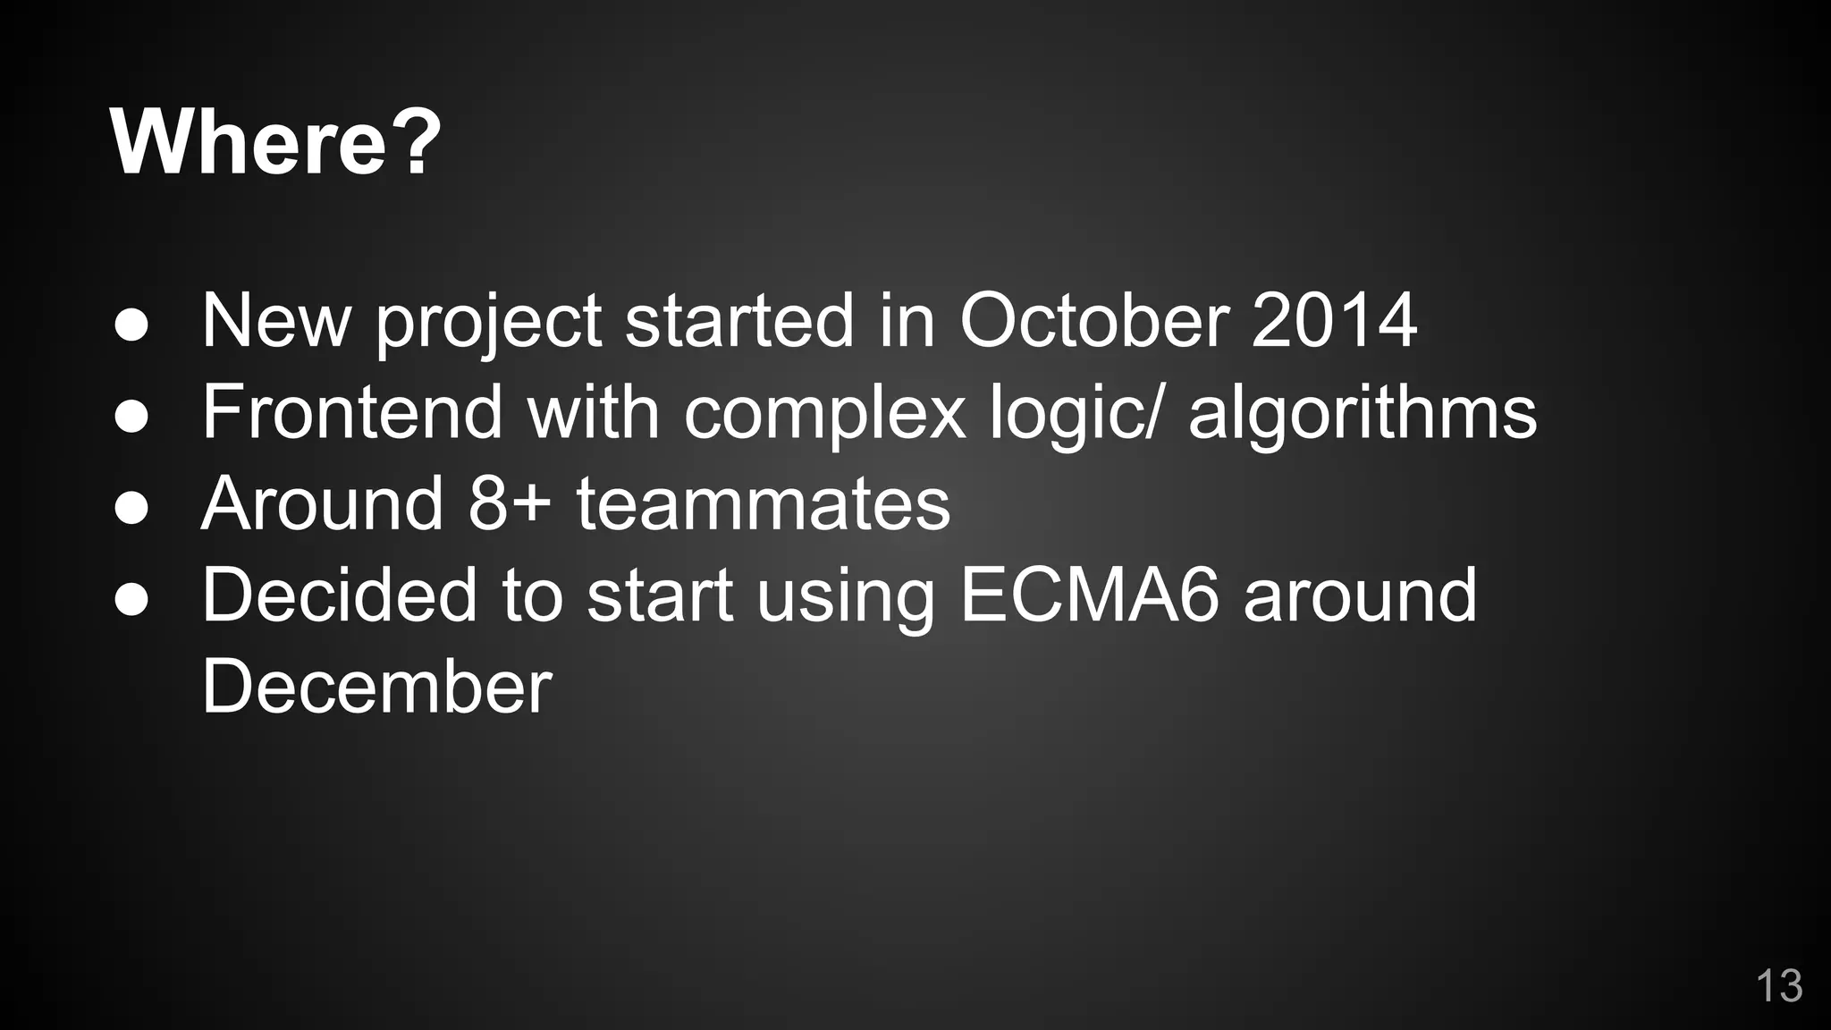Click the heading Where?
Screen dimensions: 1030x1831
(x=275, y=142)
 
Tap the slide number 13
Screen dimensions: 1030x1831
(x=1778, y=985)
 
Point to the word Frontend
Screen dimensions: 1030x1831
(x=352, y=412)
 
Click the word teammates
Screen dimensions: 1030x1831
(x=763, y=503)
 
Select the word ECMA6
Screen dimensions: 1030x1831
(x=1089, y=595)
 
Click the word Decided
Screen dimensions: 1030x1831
(x=339, y=595)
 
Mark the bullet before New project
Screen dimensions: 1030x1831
(x=131, y=326)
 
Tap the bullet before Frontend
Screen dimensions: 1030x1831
(x=131, y=418)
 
